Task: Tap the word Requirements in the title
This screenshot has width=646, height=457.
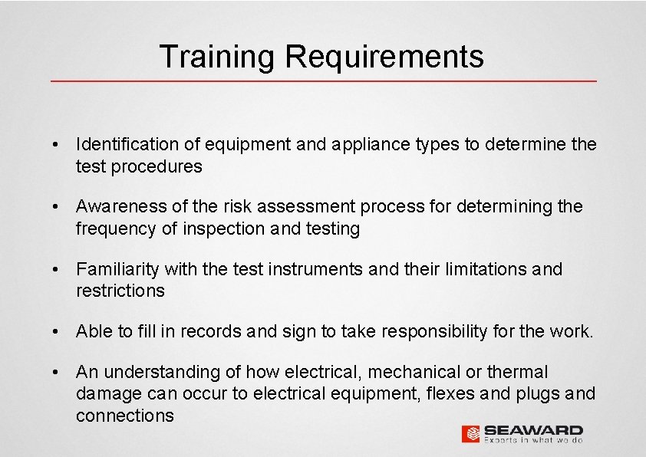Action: point(384,57)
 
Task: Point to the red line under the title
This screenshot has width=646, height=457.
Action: point(323,81)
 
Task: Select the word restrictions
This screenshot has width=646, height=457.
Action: point(120,291)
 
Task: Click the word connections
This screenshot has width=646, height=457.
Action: point(124,416)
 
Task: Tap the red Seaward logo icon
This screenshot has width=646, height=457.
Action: point(471,433)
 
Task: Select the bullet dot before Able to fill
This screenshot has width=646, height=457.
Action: point(58,331)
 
